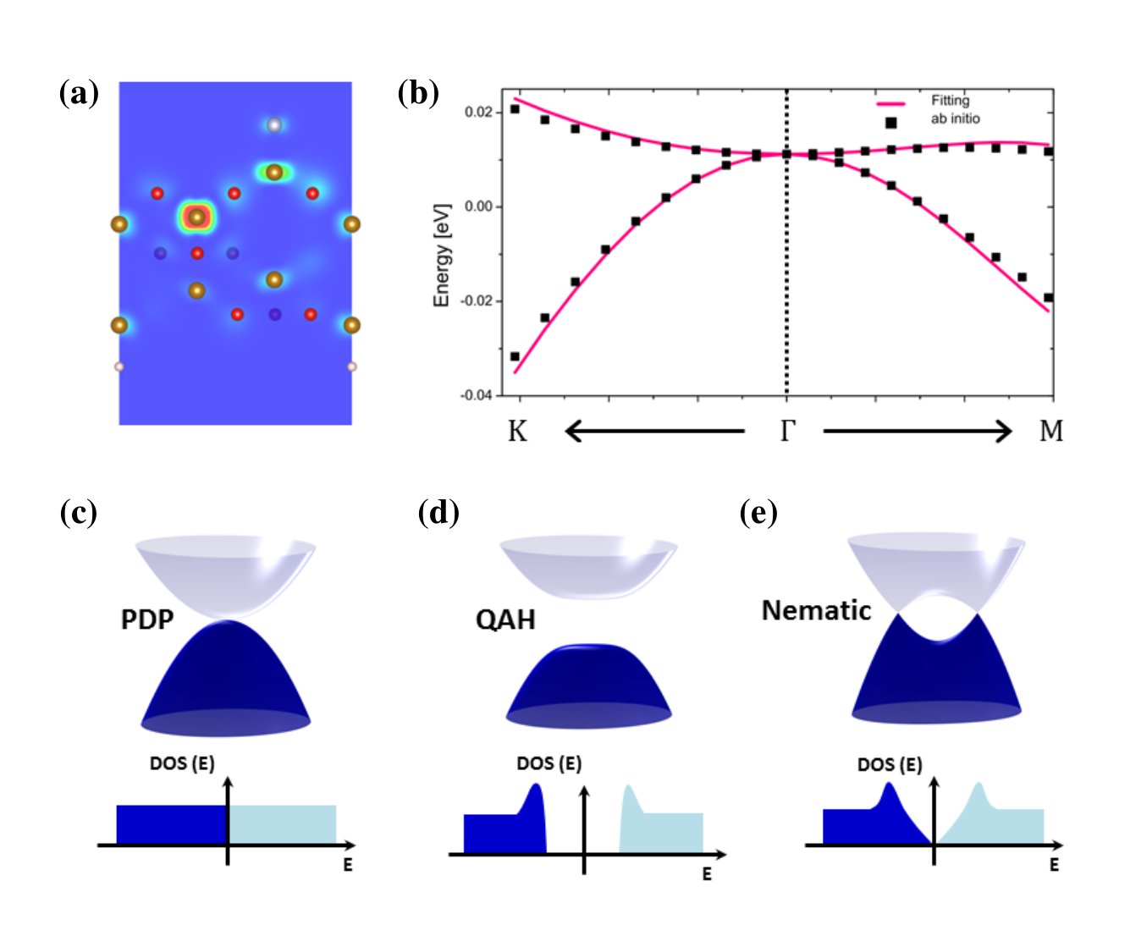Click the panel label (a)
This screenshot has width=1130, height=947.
[79, 93]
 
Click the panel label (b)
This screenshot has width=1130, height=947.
[418, 93]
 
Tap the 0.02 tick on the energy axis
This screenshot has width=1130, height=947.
[479, 112]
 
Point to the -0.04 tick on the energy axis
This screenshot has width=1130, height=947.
[477, 395]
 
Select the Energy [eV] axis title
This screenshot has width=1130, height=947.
[441, 255]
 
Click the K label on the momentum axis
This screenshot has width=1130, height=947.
[517, 432]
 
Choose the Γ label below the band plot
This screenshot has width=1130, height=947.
[787, 432]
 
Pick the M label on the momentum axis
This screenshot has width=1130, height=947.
[1050, 432]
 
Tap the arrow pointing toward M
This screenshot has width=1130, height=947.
[918, 432]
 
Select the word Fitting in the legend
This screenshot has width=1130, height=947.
[950, 101]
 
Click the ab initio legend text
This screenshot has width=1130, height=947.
[955, 119]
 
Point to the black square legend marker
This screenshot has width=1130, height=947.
[890, 123]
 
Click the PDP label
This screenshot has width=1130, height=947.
[147, 619]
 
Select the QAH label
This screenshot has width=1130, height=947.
[505, 620]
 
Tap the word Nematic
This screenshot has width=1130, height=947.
[816, 610]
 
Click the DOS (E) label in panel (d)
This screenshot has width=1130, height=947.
[548, 763]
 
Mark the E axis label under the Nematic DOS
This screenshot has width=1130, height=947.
[1054, 865]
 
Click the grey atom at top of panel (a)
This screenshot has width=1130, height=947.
[273, 125]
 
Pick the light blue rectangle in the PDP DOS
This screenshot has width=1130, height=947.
[283, 824]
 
